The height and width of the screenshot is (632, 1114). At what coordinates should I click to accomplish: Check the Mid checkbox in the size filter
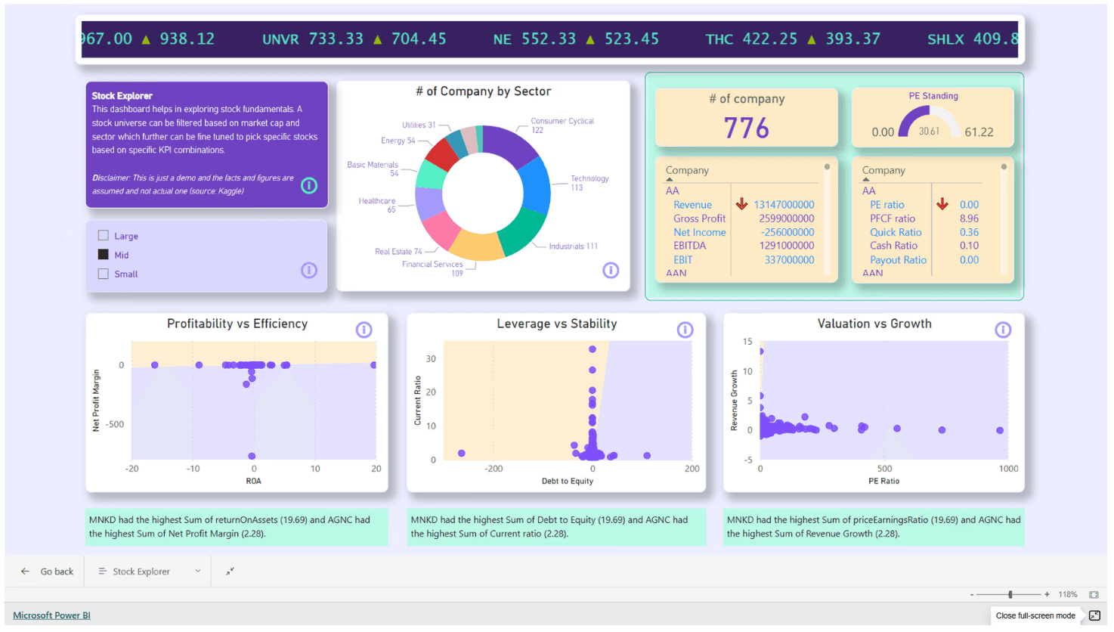(x=104, y=255)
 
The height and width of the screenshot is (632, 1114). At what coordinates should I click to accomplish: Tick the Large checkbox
(x=104, y=236)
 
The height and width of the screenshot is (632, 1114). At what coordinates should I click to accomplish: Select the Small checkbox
(x=104, y=274)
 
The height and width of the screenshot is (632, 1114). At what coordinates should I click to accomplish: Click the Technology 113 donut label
(x=589, y=183)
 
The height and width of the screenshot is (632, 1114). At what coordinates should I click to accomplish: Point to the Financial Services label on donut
(x=432, y=265)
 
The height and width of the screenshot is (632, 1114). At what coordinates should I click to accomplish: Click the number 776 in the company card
(x=746, y=129)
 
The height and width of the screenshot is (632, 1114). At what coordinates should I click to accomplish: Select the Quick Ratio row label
(x=895, y=232)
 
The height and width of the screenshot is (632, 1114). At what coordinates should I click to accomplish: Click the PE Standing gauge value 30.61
(x=929, y=132)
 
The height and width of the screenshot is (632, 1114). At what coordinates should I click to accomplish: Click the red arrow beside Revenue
(x=741, y=204)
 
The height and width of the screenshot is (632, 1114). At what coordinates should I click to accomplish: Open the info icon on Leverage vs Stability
(x=685, y=330)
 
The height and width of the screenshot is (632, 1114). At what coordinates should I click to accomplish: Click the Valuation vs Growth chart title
(x=874, y=324)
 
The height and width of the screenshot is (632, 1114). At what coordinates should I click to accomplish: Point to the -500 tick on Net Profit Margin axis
(x=115, y=424)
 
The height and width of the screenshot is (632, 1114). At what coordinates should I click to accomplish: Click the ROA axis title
(x=253, y=481)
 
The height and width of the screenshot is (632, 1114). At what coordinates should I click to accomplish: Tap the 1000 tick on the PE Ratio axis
(x=1007, y=469)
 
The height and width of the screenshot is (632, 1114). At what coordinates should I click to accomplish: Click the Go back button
(x=48, y=572)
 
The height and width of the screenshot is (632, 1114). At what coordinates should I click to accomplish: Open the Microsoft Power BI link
(x=51, y=615)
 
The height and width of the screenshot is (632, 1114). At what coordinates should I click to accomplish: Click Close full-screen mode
(x=1035, y=615)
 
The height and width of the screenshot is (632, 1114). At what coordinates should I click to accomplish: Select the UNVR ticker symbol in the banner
(x=280, y=39)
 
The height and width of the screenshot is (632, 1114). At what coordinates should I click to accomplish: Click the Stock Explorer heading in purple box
(x=122, y=96)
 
